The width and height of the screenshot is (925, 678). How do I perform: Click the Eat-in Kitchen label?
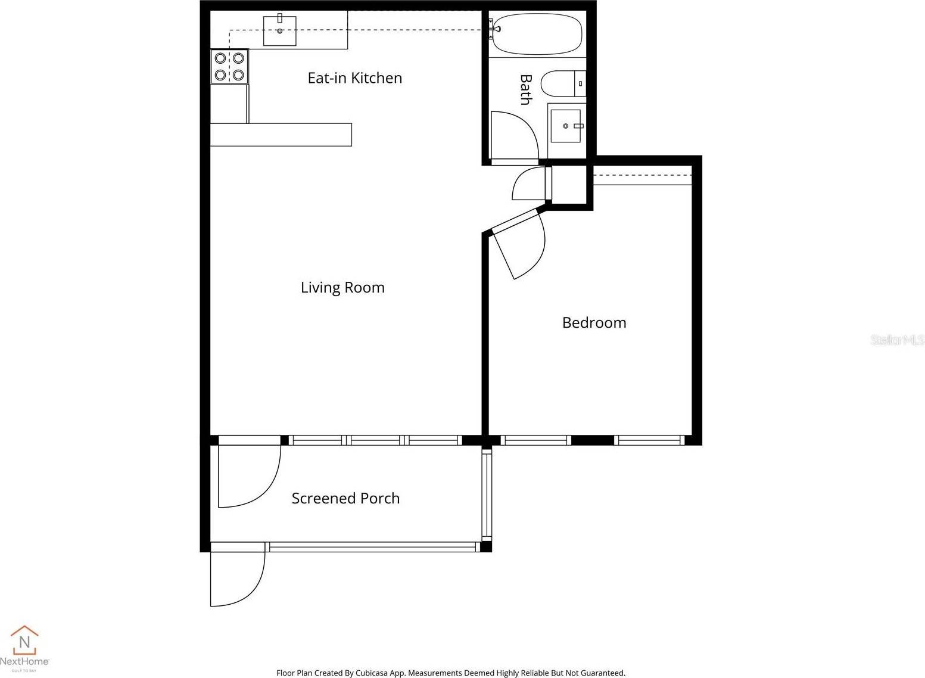tap(354, 78)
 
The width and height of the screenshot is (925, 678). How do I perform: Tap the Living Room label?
tap(342, 288)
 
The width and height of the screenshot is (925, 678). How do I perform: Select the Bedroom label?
tap(594, 323)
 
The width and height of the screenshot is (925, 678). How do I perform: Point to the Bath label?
tap(525, 89)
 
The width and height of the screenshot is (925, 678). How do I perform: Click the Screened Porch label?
tap(345, 499)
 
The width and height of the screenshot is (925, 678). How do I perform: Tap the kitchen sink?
tap(280, 31)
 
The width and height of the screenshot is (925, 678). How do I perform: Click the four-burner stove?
tap(229, 67)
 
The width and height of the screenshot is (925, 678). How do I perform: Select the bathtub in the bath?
tap(537, 34)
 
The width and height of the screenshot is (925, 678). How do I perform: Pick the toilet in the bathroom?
tap(562, 83)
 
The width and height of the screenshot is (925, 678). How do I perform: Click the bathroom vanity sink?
tap(566, 126)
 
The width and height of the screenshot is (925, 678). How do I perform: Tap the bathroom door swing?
tap(513, 136)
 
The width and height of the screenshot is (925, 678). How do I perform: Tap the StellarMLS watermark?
tap(897, 340)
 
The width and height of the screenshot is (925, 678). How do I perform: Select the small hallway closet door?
tap(528, 184)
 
